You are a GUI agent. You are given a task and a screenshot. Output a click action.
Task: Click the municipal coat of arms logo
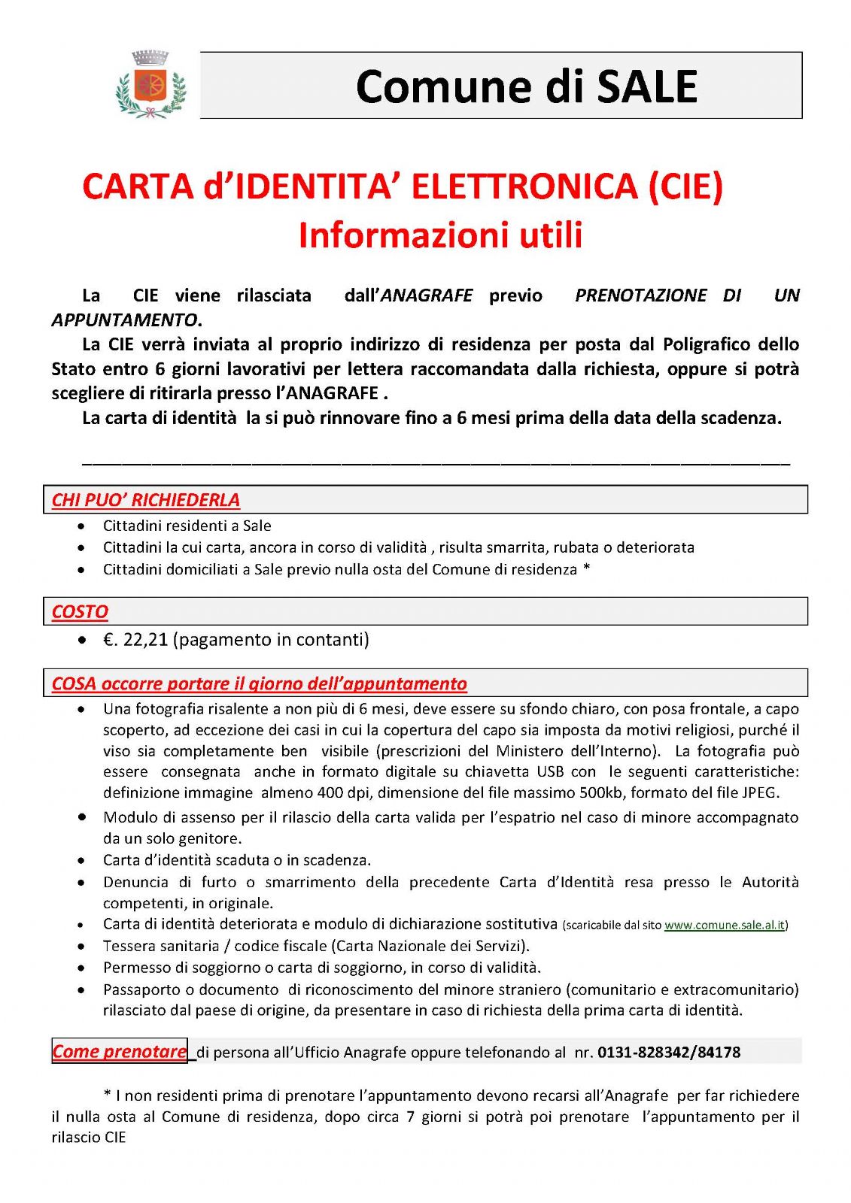coord(150,85)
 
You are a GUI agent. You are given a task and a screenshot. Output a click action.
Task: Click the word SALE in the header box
coord(647,86)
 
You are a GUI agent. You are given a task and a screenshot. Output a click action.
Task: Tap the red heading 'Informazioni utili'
coord(440,235)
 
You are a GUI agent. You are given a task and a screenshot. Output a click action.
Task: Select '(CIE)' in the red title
coord(685,186)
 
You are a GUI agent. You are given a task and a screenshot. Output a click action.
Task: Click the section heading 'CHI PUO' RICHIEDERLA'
coord(145,500)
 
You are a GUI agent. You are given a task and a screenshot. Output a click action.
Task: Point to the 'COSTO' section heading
coord(80,612)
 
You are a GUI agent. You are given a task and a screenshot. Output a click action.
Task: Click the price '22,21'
coord(145,640)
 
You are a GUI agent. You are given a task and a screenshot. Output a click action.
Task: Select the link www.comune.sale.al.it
coord(724,926)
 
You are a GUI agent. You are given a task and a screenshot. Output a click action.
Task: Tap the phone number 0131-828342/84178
coord(669,1053)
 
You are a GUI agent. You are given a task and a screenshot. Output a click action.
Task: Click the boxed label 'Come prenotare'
coord(119,1051)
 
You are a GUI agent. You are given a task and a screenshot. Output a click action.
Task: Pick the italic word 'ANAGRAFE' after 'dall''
coord(427,295)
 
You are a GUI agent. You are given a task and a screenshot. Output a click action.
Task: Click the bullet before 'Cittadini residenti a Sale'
coord(82,526)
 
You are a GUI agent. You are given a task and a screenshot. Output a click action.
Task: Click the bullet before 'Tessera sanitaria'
coord(82,947)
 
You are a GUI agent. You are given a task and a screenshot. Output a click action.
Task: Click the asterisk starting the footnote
coord(107,1095)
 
